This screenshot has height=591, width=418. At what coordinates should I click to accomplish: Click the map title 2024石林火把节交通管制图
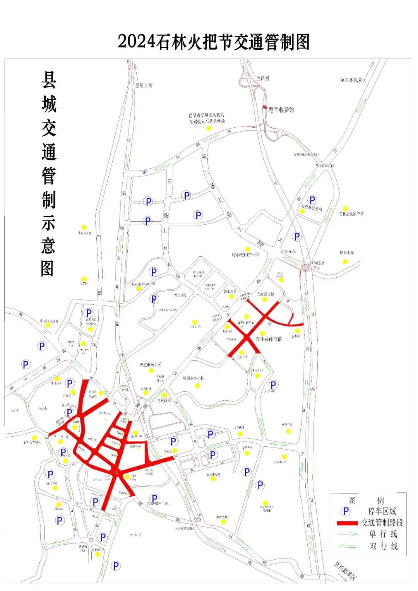[x=214, y=42]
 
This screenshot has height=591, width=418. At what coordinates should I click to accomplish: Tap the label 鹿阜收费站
[x=281, y=110]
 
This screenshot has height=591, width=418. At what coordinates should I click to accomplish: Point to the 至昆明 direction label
[x=262, y=78]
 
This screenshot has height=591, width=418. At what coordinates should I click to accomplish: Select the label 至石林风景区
[x=353, y=80]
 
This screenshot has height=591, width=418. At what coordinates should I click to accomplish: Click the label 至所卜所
[x=144, y=85]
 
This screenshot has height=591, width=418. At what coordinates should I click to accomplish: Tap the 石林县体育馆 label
[x=269, y=339]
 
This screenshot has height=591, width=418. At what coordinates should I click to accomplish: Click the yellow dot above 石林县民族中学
[x=345, y=209]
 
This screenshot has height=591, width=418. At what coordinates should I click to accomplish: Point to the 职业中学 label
[x=347, y=253]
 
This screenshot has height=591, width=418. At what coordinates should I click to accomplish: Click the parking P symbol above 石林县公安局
[x=312, y=200]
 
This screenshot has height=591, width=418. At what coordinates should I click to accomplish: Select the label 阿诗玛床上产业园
[x=245, y=255]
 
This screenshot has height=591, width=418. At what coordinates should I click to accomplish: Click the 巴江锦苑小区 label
[x=151, y=365]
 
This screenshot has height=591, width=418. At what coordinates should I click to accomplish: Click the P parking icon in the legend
[x=346, y=511]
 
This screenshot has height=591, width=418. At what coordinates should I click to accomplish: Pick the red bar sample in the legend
[x=347, y=523]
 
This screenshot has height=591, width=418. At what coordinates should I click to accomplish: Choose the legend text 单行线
[x=383, y=534]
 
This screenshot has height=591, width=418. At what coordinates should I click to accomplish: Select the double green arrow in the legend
[x=347, y=546]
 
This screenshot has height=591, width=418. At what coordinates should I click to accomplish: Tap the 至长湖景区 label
[x=345, y=570]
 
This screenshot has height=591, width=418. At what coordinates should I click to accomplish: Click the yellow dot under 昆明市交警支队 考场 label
[x=209, y=128]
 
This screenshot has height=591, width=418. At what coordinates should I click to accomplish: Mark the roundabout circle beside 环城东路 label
[x=306, y=267]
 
